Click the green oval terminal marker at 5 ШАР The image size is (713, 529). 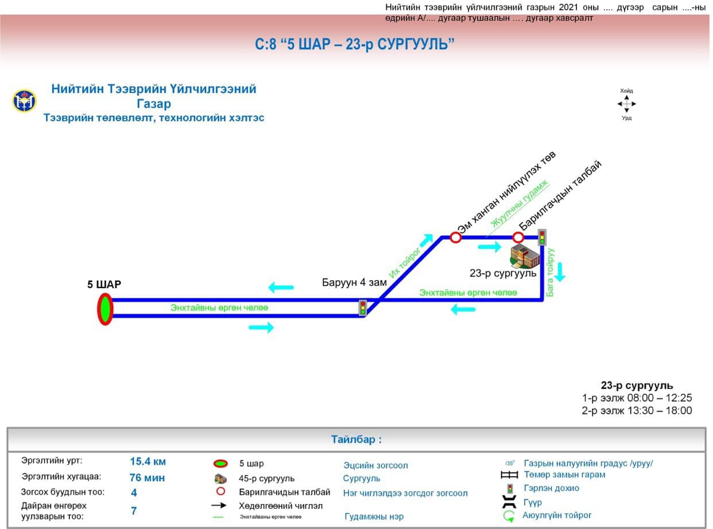tap(105, 309)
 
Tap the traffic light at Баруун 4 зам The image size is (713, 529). tap(363, 308)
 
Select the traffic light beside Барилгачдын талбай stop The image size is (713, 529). tap(542, 237)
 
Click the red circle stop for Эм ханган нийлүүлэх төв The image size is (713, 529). tap(456, 237)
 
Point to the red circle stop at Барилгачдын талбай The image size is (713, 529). tap(518, 237)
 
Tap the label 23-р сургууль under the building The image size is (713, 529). tap(503, 274)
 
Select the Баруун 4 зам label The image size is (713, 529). tap(354, 282)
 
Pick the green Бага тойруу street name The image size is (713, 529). tap(551, 273)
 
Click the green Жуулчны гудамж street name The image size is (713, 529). tap(520, 204)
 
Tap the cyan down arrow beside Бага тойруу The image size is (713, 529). tap(560, 271)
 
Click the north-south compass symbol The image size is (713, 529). tap(626, 104)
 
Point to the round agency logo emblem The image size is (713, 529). tap(24, 101)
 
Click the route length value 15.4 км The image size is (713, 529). tap(148, 462)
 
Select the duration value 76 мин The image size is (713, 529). tap(147, 477)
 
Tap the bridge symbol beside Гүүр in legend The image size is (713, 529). tap(509, 503)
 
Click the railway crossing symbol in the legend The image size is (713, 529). tap(509, 475)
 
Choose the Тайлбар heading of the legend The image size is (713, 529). tap(356, 440)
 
